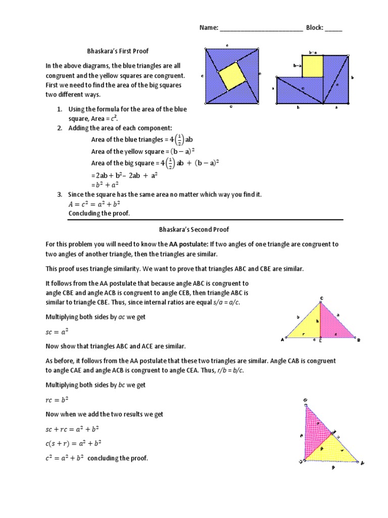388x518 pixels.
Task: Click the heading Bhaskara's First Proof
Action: [x=118, y=51]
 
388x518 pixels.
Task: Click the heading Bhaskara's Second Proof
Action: [x=193, y=230]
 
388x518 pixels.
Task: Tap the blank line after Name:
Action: [x=261, y=28]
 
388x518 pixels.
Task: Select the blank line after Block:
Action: [x=333, y=28]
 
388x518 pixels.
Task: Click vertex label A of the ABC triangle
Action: [x=282, y=339]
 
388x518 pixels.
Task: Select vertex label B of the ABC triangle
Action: [x=359, y=340]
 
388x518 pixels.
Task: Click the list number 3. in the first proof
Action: [x=59, y=195]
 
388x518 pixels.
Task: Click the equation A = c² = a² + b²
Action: [x=94, y=204]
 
